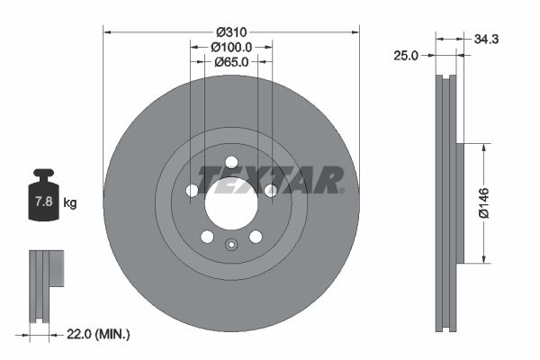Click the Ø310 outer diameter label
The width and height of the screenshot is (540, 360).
click(231, 30)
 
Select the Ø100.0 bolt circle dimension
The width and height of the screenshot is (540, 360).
click(231, 46)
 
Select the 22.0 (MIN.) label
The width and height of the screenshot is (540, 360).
click(99, 335)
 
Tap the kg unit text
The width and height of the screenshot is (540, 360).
click(70, 203)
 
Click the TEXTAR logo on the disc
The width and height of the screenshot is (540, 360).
click(270, 179)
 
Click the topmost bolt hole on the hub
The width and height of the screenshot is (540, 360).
click(231, 161)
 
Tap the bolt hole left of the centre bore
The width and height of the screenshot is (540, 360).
click(192, 190)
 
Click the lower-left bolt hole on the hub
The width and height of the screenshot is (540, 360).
click(207, 236)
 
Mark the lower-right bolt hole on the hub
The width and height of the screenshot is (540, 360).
click(256, 236)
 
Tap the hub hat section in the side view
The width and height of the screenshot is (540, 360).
click(460, 203)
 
